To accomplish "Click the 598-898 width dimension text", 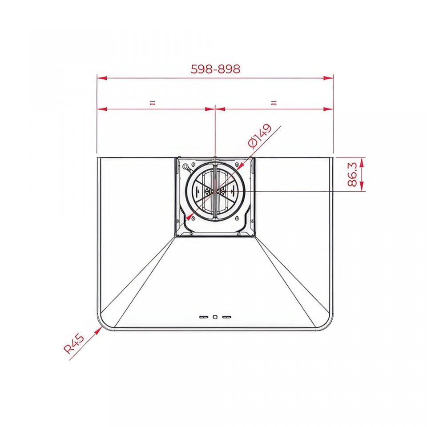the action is [215, 69].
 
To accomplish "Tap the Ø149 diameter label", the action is [260, 136].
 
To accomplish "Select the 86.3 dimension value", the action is [352, 174].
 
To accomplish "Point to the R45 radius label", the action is [74, 344].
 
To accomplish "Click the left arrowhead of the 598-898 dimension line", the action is [102, 78].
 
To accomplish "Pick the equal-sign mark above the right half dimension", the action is [274, 103].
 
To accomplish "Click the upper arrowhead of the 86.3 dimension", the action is [361, 163].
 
